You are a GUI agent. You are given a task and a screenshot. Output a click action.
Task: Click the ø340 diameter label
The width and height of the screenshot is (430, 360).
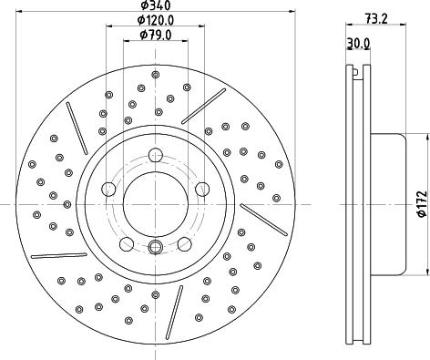point(152,6)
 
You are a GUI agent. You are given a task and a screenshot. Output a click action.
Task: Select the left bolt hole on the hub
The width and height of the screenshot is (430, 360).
point(109,190)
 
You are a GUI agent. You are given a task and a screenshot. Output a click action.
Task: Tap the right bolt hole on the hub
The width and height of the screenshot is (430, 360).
point(197,190)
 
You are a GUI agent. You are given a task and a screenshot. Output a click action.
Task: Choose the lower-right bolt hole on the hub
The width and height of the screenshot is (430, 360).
point(183,243)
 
